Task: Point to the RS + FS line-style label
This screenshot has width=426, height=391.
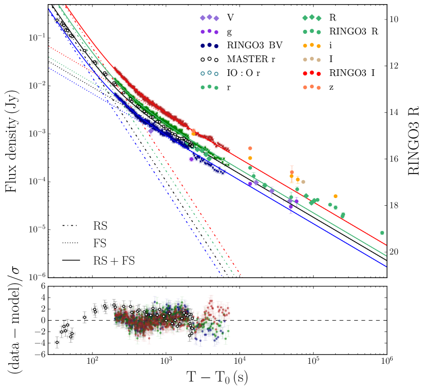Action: tap(114, 261)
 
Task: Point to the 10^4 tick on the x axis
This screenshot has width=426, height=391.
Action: tap(239, 362)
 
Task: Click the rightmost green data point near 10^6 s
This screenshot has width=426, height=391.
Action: tap(382, 233)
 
